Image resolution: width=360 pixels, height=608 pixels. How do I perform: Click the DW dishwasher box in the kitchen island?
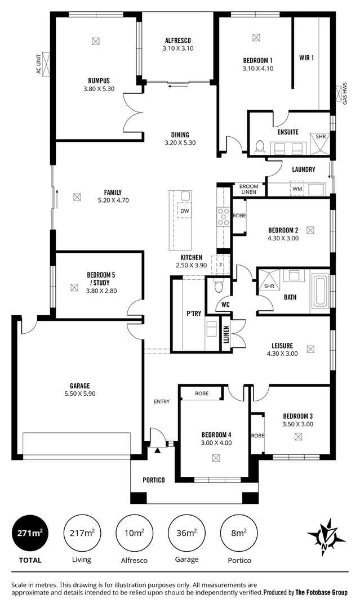(x=184, y=211)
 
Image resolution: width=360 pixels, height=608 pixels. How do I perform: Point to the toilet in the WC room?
(x=219, y=287)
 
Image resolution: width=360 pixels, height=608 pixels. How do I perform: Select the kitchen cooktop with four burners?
(x=223, y=216)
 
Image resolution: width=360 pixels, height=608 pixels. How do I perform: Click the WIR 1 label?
(x=306, y=57)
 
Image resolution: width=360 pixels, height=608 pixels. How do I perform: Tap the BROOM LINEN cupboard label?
(x=249, y=189)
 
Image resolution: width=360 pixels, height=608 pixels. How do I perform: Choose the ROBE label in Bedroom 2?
(x=239, y=216)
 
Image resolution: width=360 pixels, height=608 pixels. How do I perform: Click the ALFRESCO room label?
(x=178, y=40)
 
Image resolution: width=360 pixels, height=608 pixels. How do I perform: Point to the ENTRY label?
(x=162, y=401)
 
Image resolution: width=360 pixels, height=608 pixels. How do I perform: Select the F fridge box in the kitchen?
(x=221, y=265)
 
